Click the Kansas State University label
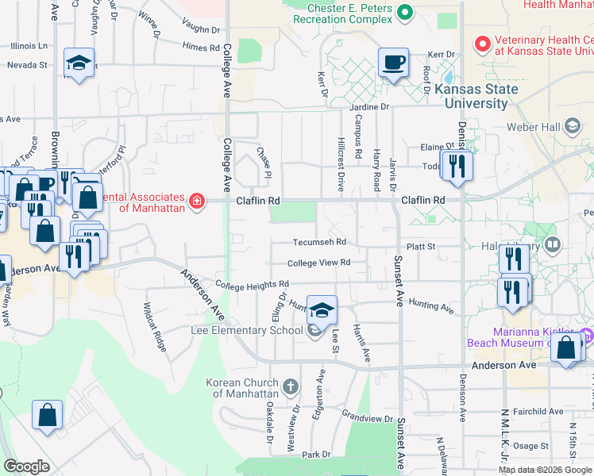[476, 96]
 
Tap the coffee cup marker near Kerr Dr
[393, 62]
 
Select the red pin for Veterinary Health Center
[481, 43]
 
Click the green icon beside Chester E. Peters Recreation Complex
[405, 12]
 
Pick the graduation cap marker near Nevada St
[79, 63]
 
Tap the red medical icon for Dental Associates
[196, 202]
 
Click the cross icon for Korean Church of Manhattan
[291, 387]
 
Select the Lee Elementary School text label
[246, 330]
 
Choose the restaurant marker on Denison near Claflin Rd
[455, 164]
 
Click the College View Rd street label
[318, 263]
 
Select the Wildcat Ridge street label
[155, 326]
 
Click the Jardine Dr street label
[369, 106]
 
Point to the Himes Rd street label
[200, 48]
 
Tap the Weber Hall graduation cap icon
[572, 126]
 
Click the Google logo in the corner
[26, 466]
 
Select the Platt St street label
[421, 247]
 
